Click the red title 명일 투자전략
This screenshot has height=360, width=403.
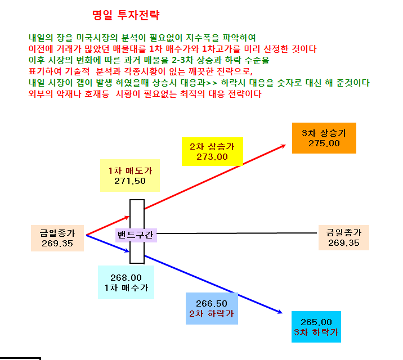tap(126, 15)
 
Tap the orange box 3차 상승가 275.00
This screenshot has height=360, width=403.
tap(324, 138)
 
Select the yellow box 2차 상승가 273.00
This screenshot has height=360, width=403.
tap(212, 151)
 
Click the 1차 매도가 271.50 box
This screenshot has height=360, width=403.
tap(130, 175)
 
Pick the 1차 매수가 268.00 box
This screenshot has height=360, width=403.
tap(126, 282)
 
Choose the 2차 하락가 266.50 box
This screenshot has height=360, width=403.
tap(212, 308)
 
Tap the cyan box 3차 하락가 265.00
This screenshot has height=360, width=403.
tap(316, 327)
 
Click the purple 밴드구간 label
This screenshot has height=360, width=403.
tap(136, 235)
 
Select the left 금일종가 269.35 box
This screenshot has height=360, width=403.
tap(57, 238)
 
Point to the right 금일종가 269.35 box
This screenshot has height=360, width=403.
tap(344, 237)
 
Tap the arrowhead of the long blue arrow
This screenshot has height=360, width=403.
tap(281, 313)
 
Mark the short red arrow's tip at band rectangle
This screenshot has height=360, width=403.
tap(129, 217)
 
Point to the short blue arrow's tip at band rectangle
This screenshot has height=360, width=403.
tap(128, 251)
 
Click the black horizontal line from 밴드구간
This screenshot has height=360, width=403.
tap(237, 233)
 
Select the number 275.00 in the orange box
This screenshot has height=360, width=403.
tap(324, 143)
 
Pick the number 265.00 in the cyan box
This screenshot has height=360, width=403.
tap(316, 322)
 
